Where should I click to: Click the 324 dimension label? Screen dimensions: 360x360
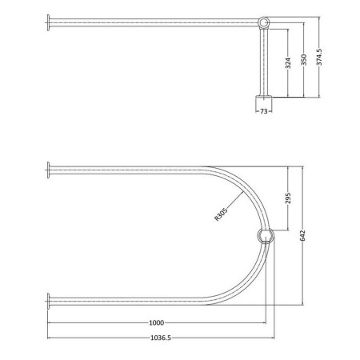[x=288, y=63]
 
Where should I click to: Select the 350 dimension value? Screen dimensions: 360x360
[x=303, y=60]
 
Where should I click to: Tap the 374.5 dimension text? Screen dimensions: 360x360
[x=319, y=57]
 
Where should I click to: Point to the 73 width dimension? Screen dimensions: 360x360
[x=264, y=111]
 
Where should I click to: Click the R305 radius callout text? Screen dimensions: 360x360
[x=221, y=214]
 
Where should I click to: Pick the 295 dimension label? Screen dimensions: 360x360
[x=288, y=198]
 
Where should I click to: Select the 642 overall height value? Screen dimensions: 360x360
[x=302, y=236]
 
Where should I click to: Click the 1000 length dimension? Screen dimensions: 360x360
[x=156, y=323]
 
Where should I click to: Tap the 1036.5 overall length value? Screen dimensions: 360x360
[x=161, y=338]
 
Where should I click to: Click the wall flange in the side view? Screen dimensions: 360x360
[x=48, y=22]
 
